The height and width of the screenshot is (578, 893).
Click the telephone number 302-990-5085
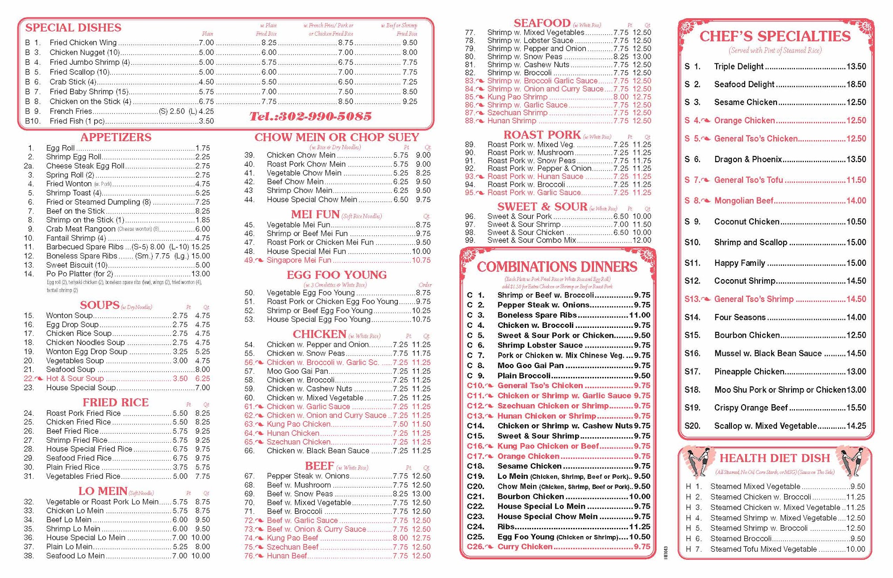coord(310,117)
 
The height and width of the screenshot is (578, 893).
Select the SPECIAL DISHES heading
coord(73,28)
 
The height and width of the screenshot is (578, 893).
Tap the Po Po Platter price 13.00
coord(200,274)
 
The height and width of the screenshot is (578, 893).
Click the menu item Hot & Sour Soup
coord(75,378)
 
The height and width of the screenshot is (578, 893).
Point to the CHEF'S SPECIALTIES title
coord(775,36)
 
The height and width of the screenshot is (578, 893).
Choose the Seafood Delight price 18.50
coord(856,84)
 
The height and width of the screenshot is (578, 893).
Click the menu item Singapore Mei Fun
coord(299,260)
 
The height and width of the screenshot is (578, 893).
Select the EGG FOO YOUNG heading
coord(337,275)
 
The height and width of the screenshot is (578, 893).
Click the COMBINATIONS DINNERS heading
coord(557,267)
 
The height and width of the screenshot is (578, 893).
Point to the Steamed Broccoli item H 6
coord(741,539)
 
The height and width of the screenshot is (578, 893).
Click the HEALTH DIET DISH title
coord(774,458)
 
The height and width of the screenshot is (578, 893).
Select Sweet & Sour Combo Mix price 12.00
coord(642,240)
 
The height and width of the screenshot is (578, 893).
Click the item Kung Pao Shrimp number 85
coord(517,97)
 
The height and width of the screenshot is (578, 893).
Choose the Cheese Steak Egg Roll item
coord(85,166)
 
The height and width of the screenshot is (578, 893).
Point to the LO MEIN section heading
coord(103,491)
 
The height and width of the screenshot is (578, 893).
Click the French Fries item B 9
coord(71,111)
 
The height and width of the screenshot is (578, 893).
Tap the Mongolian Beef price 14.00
coord(856,201)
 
